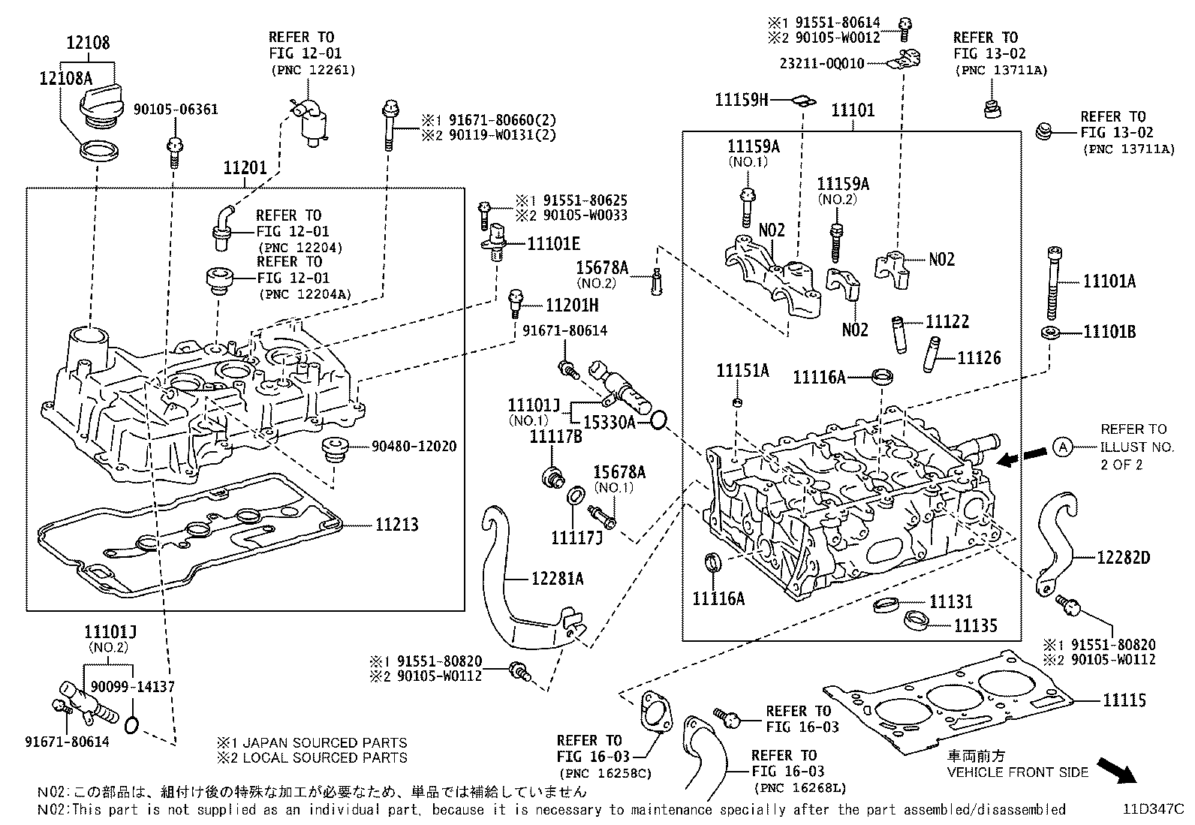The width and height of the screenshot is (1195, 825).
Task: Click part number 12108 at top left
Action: click(88, 43)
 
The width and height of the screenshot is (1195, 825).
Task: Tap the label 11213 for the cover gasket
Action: click(397, 525)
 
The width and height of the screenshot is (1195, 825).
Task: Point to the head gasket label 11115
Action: click(1124, 701)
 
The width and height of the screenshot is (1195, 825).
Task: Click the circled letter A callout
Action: click(1062, 447)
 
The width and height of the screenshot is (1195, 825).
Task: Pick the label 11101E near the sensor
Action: click(553, 243)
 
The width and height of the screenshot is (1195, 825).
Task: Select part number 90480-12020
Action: click(414, 447)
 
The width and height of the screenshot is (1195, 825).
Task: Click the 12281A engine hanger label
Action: click(557, 579)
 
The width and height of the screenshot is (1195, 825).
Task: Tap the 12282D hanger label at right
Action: click(1123, 558)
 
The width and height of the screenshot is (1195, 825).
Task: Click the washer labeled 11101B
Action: click(1049, 332)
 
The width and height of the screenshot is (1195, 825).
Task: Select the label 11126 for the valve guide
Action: click(979, 358)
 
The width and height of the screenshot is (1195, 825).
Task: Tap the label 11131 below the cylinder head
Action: click(950, 601)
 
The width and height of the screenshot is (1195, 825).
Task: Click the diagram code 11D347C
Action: click(1153, 809)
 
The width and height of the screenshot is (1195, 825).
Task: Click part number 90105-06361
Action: click(176, 110)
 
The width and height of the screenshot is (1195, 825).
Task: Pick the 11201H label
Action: click(572, 306)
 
